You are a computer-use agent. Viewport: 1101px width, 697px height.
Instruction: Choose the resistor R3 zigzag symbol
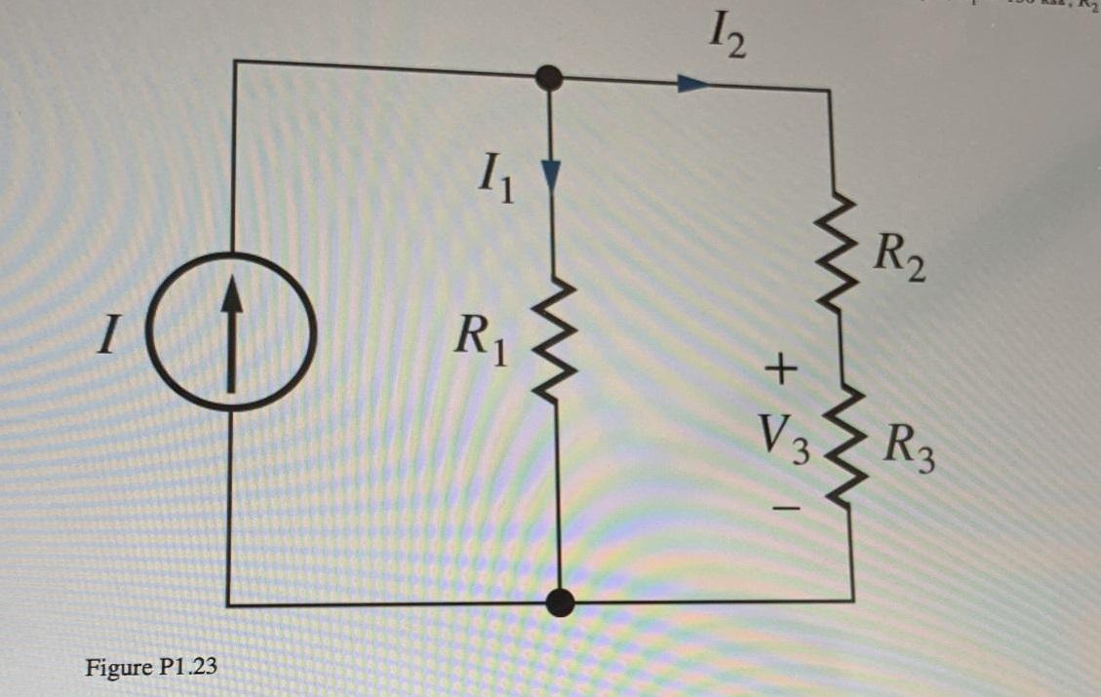pyautogui.click(x=845, y=444)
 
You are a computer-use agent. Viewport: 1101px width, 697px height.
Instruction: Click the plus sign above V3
pyautogui.click(x=781, y=368)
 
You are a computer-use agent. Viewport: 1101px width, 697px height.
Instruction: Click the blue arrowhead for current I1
pyautogui.click(x=553, y=174)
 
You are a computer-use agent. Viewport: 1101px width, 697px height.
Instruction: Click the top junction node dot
pyautogui.click(x=551, y=78)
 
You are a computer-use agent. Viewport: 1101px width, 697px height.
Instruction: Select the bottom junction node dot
pyautogui.click(x=560, y=602)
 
